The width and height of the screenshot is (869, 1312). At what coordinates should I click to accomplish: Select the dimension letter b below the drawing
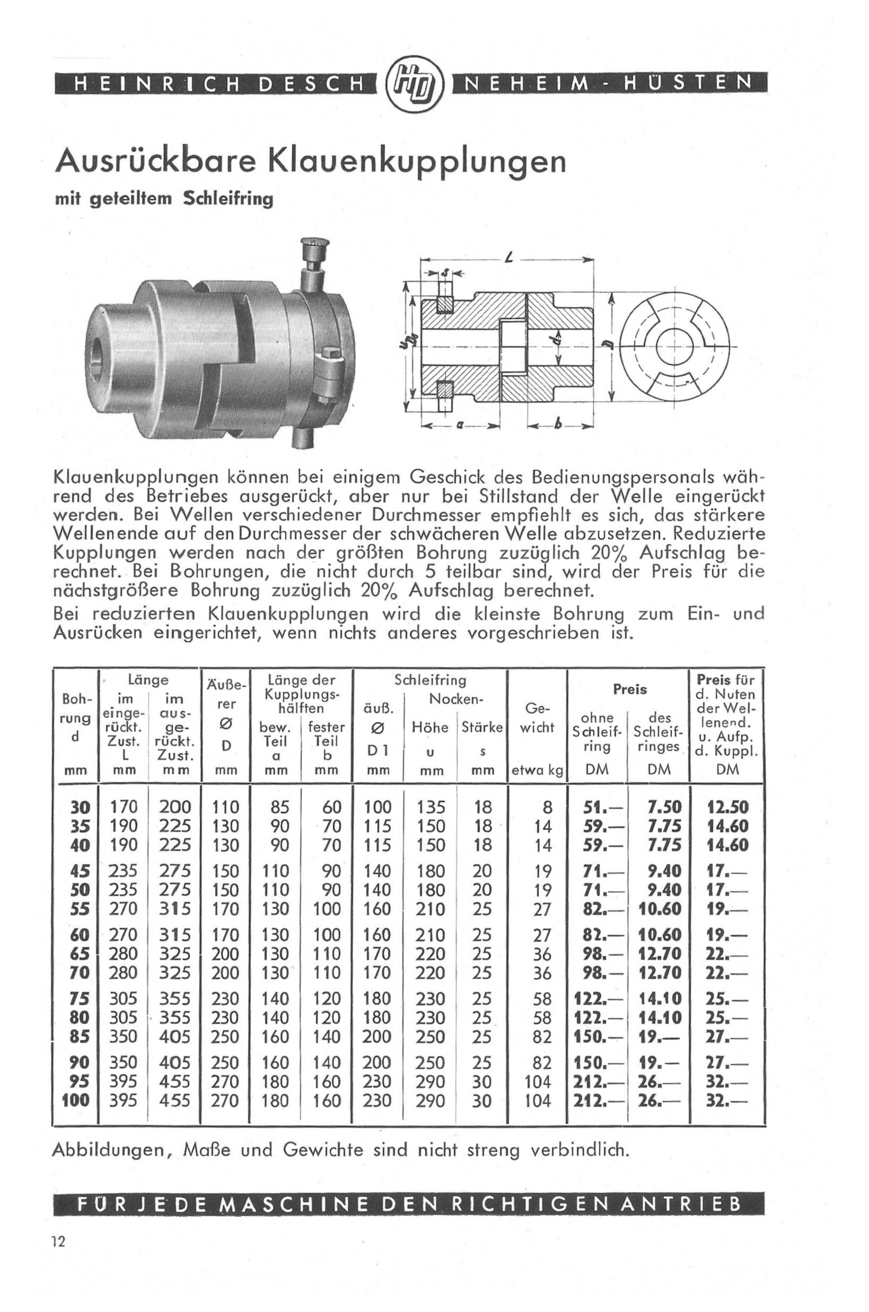[x=558, y=425]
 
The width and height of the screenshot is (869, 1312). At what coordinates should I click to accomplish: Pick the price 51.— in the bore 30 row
[x=602, y=808]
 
